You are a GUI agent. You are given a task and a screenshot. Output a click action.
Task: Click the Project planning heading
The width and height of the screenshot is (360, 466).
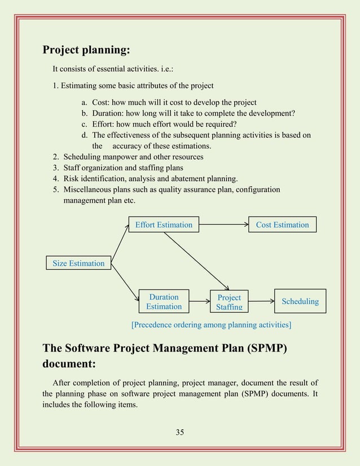[87, 50]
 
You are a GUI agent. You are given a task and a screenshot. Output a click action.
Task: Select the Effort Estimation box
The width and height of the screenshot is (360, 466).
[164, 225]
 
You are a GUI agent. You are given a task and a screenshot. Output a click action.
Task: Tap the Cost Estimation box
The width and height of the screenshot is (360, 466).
[282, 225]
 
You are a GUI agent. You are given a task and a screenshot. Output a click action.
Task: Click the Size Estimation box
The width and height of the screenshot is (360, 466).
[78, 263]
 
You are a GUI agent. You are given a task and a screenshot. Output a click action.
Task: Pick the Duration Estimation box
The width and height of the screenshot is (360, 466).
[164, 301]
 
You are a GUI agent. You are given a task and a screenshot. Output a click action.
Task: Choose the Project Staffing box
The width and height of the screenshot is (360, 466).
[229, 301]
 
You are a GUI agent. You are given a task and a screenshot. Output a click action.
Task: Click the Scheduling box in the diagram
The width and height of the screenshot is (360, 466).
[300, 301]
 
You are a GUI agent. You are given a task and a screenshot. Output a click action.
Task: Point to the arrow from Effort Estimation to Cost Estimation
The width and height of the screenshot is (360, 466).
[223, 225]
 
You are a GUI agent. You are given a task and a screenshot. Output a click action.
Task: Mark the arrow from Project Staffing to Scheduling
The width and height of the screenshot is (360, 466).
[261, 301]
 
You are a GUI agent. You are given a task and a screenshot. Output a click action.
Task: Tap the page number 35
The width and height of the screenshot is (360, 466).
[180, 432]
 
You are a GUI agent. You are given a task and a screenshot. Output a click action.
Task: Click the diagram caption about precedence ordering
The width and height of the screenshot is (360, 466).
[211, 324]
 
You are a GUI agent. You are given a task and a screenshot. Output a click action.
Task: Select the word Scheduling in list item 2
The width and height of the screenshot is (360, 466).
[82, 156]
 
